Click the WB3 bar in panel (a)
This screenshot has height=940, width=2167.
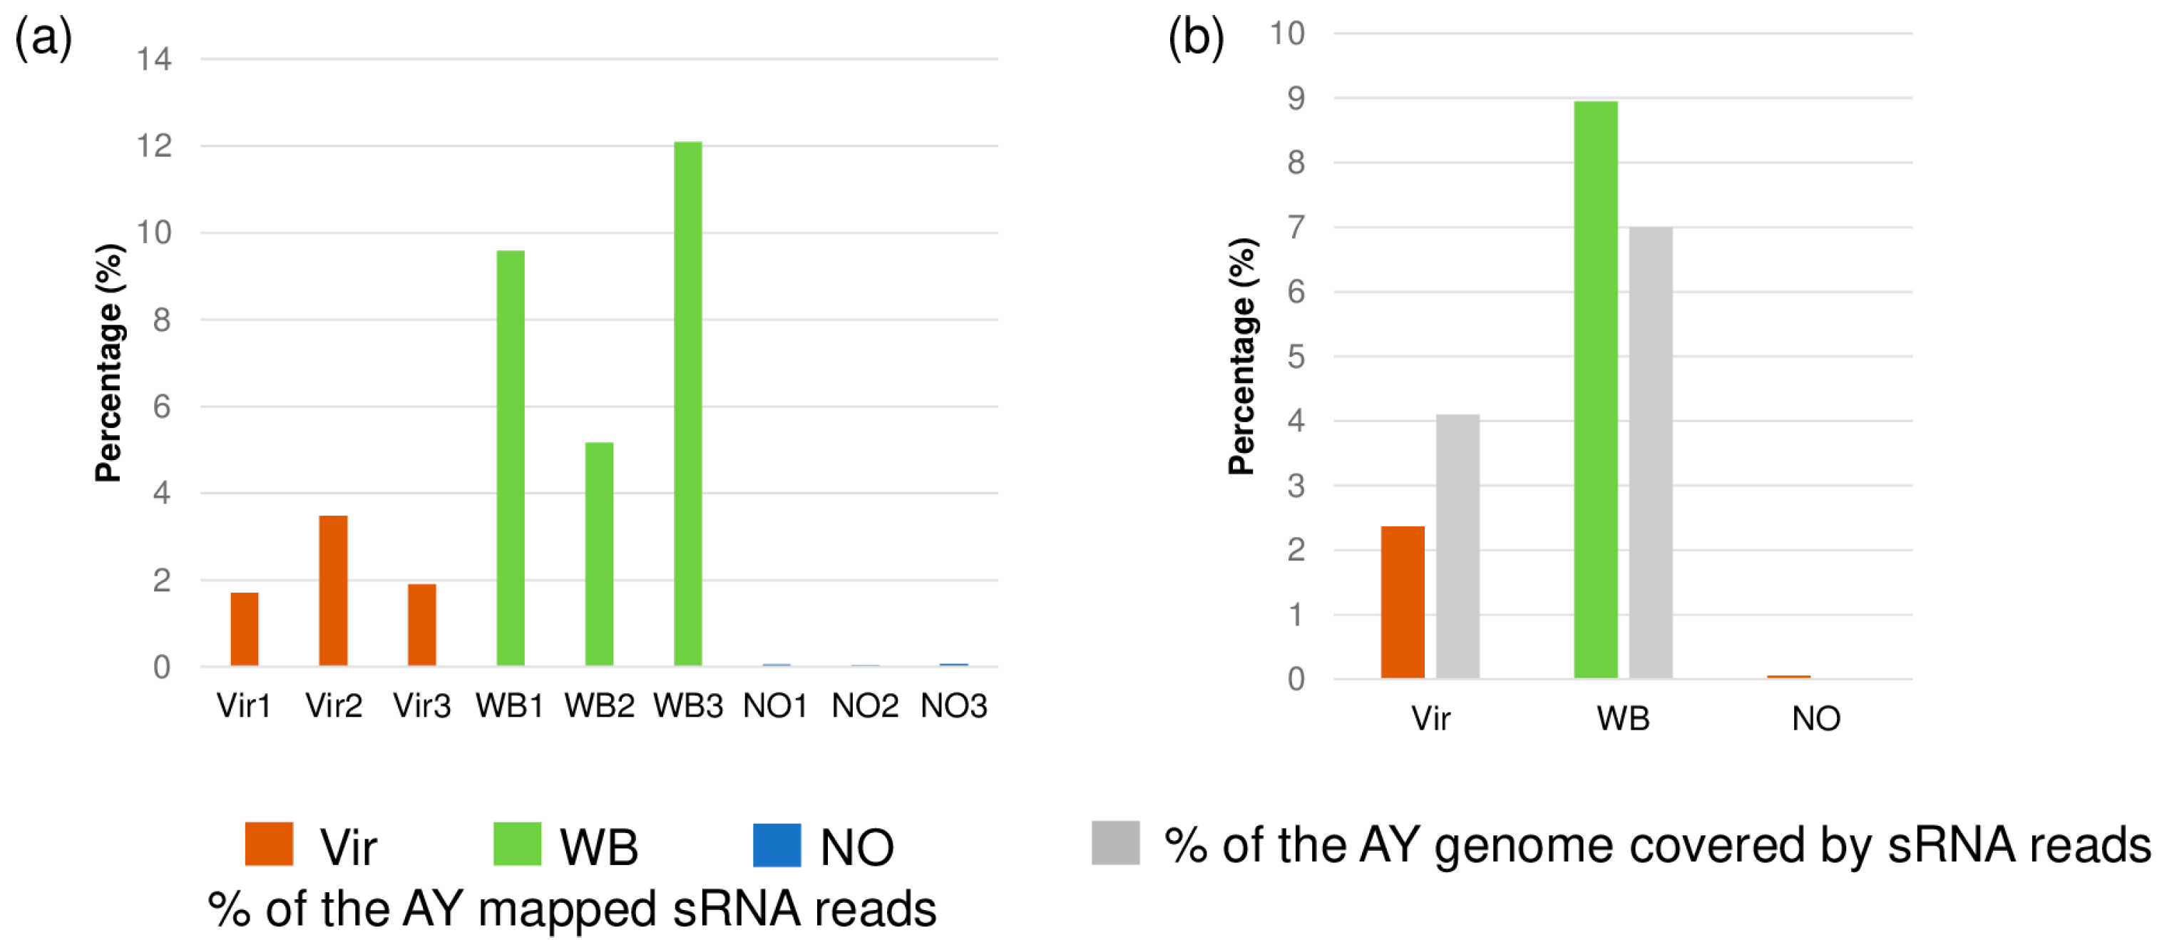tap(687, 404)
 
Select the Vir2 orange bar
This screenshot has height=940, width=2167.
tap(333, 591)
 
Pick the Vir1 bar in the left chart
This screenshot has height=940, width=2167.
tap(245, 630)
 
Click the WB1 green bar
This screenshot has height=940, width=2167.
tap(511, 459)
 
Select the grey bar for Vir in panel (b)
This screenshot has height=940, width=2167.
tap(1457, 546)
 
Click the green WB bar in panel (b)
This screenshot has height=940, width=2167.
tap(1595, 389)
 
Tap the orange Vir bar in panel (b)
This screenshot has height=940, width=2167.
tap(1403, 603)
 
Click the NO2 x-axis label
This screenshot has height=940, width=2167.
tap(865, 706)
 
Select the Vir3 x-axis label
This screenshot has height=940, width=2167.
tap(421, 706)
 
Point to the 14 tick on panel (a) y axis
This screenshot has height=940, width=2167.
tap(155, 60)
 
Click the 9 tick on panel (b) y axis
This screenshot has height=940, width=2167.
tap(1296, 98)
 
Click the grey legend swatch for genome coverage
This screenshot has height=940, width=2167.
tap(1115, 843)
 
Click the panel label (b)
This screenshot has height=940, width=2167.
tap(1195, 39)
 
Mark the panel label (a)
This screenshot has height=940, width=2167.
tap(43, 39)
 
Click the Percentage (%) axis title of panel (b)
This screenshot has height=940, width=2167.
tap(1242, 357)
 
